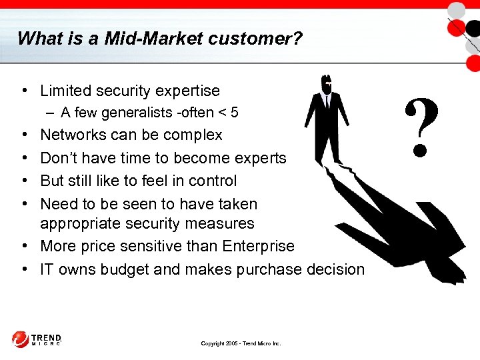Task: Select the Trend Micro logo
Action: click(x=37, y=339)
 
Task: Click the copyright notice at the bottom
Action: click(x=241, y=343)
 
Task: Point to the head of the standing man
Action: click(x=326, y=84)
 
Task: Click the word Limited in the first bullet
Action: click(x=65, y=90)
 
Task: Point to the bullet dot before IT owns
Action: click(x=23, y=269)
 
